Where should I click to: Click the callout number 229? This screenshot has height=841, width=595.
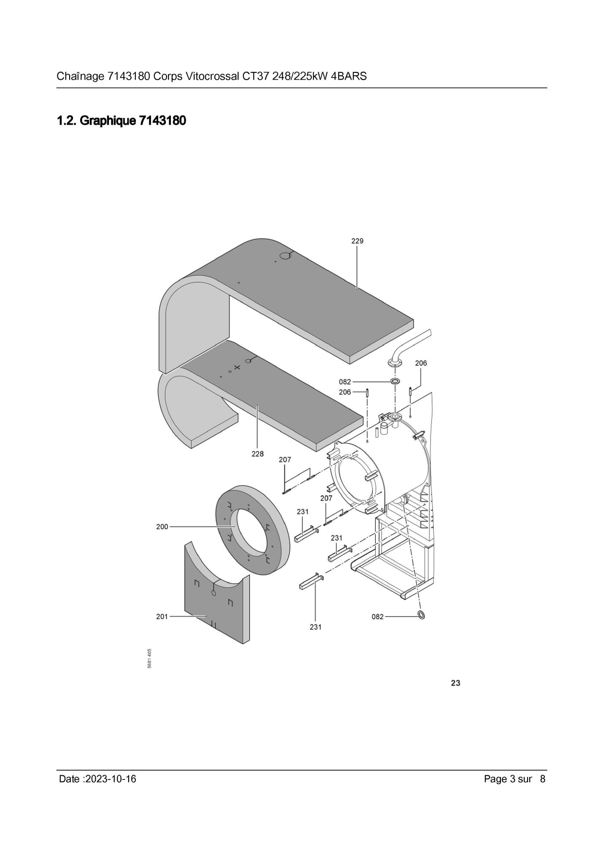coord(357,241)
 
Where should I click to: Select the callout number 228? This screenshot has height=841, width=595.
coord(257,454)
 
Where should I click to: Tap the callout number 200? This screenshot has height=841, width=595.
coord(162,527)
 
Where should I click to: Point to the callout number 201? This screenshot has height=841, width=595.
coord(162,616)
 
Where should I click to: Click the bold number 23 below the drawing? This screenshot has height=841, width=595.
coord(455,683)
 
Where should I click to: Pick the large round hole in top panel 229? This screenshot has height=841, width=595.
coord(286,255)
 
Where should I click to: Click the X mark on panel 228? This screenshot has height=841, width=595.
coord(237,367)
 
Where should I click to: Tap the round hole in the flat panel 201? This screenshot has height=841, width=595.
coord(213,593)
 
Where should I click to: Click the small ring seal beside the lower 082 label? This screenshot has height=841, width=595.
coord(421,615)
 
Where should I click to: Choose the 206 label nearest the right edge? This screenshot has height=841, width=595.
coord(421,363)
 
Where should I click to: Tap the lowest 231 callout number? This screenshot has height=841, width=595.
coord(316,627)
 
